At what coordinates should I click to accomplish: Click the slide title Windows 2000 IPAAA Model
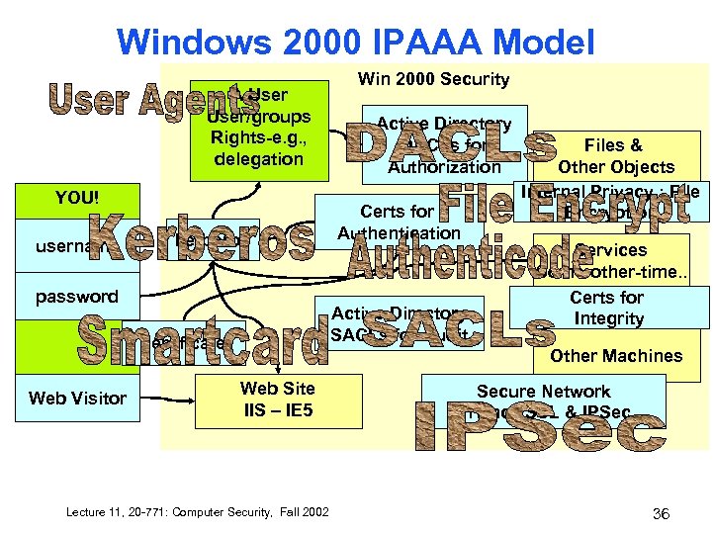click(x=355, y=42)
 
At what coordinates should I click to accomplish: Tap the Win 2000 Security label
click(x=433, y=79)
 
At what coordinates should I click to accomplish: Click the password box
click(x=77, y=296)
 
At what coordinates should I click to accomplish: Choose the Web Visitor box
click(x=77, y=398)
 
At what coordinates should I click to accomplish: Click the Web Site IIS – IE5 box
click(x=277, y=398)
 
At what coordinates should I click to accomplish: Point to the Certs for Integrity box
click(x=606, y=308)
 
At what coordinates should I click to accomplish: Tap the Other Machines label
click(x=616, y=356)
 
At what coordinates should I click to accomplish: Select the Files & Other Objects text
click(x=615, y=156)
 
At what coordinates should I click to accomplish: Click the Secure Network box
click(x=543, y=392)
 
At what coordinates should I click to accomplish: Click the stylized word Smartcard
click(x=202, y=338)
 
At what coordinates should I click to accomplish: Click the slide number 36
click(x=662, y=513)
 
